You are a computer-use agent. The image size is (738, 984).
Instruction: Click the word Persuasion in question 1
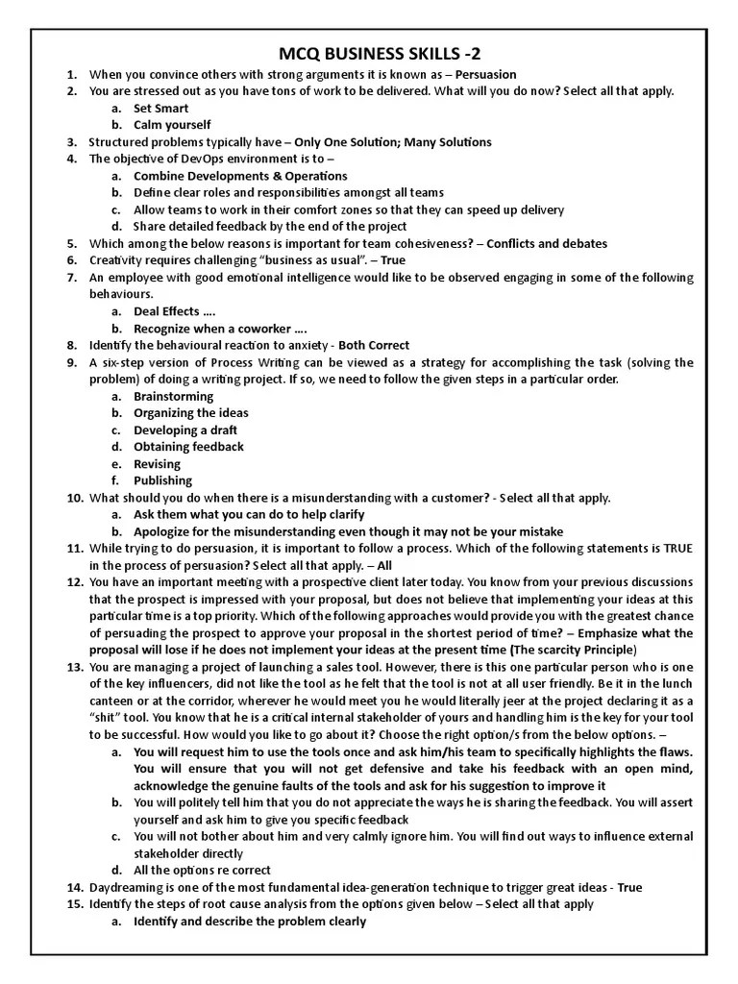pos(485,74)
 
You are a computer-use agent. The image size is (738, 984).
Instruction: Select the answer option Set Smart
pos(160,109)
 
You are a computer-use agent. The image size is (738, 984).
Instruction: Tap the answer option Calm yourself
pos(172,125)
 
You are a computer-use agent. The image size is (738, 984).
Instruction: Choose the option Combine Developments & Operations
pos(240,176)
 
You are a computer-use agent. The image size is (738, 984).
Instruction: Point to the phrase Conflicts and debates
pos(547,243)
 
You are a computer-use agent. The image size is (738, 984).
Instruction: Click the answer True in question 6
pos(394,260)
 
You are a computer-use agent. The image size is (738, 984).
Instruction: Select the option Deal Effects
pos(167,311)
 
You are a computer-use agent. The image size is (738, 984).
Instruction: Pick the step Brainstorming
pos(173,396)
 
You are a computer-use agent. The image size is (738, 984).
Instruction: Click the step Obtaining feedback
pos(188,447)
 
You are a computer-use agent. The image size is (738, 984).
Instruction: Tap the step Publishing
pos(162,480)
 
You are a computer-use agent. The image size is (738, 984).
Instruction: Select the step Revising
pos(157,464)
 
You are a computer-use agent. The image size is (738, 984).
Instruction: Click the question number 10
pos(75,498)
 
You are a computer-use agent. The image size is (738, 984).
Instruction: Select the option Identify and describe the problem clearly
pos(250,922)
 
